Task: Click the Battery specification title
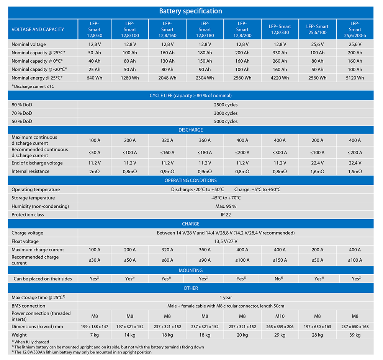190,11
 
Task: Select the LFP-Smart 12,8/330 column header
280,29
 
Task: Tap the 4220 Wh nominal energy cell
280,78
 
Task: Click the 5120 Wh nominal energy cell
355,78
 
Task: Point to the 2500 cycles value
226,105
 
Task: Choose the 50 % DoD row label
22,121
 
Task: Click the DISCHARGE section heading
190,130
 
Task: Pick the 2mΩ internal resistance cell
95,171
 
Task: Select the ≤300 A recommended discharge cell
280,153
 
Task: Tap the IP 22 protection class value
226,215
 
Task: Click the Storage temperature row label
33,198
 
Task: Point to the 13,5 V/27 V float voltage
226,241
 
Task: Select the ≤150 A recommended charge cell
280,260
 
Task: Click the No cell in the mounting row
279,279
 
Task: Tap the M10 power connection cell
280,316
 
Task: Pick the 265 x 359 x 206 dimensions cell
280,327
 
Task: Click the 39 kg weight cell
355,335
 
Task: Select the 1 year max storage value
226,298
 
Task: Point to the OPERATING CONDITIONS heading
190,180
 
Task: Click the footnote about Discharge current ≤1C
33,86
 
